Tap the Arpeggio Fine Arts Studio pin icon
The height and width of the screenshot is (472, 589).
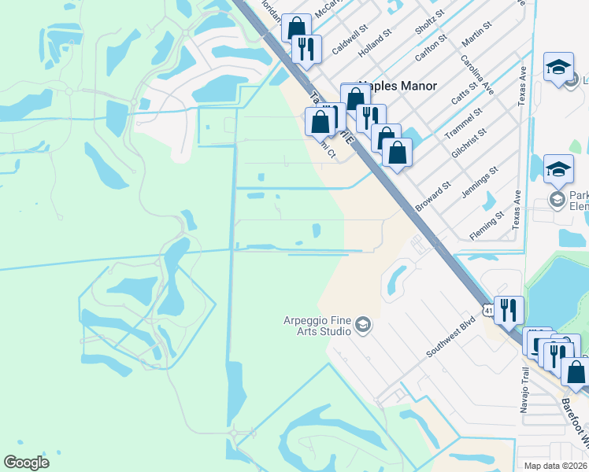coord(362,324)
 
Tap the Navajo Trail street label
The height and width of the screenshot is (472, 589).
coord(526,389)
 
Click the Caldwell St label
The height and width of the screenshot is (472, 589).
coord(349,42)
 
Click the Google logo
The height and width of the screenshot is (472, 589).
coord(27,463)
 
